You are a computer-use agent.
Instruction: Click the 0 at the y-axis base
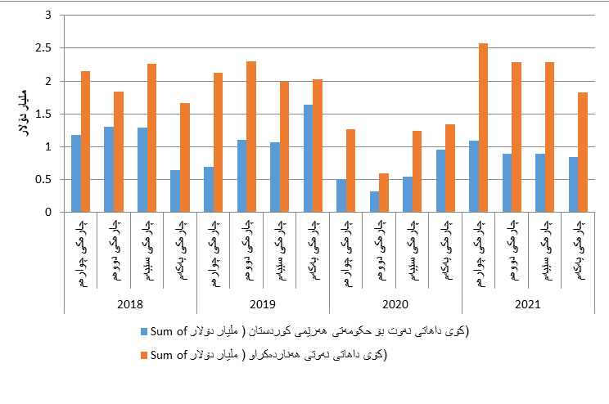click(x=47, y=213)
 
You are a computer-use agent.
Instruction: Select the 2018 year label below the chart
click(x=131, y=303)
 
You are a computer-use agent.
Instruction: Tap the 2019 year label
click(x=263, y=303)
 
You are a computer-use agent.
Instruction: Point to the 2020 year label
click(x=395, y=303)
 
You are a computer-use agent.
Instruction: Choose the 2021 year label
click(x=528, y=303)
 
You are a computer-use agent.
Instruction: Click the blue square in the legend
click(x=145, y=331)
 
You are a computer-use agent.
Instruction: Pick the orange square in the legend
click(x=145, y=354)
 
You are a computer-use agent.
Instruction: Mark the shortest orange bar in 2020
click(x=384, y=193)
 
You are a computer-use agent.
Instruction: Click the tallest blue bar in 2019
click(x=308, y=159)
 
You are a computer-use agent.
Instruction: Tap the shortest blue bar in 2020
click(x=374, y=202)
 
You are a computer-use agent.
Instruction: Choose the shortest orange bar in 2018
click(x=185, y=158)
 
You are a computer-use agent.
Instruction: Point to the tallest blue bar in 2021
click(x=473, y=177)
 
